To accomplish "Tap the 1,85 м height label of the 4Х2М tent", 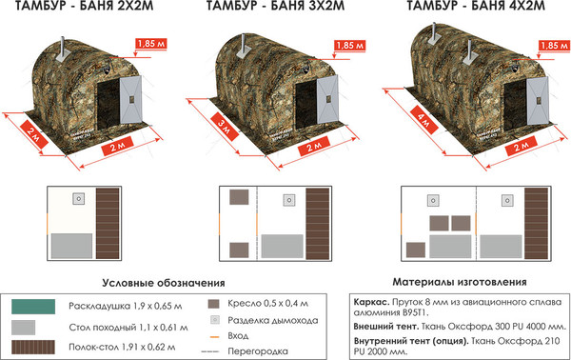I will pyautogui.click(x=549, y=45).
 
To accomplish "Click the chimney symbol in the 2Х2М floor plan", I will pyautogui.click(x=79, y=199).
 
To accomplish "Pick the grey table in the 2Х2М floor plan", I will pyautogui.click(x=71, y=244).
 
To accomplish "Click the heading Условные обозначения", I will pyautogui.click(x=163, y=283).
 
